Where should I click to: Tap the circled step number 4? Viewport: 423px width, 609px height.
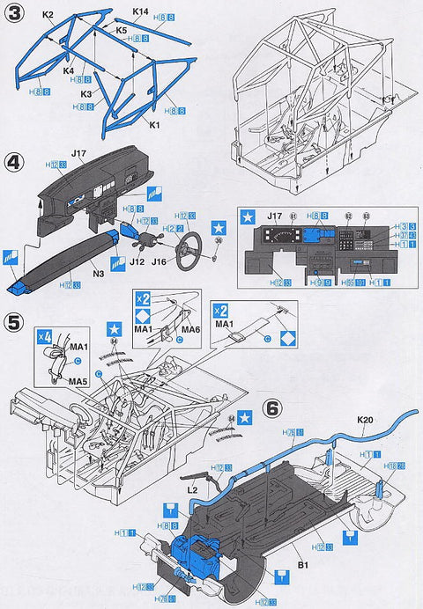tap(14, 164)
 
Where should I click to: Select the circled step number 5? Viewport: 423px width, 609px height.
tap(14, 322)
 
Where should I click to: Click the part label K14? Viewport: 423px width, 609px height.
tap(140, 11)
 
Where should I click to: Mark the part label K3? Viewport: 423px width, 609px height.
tap(86, 92)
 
